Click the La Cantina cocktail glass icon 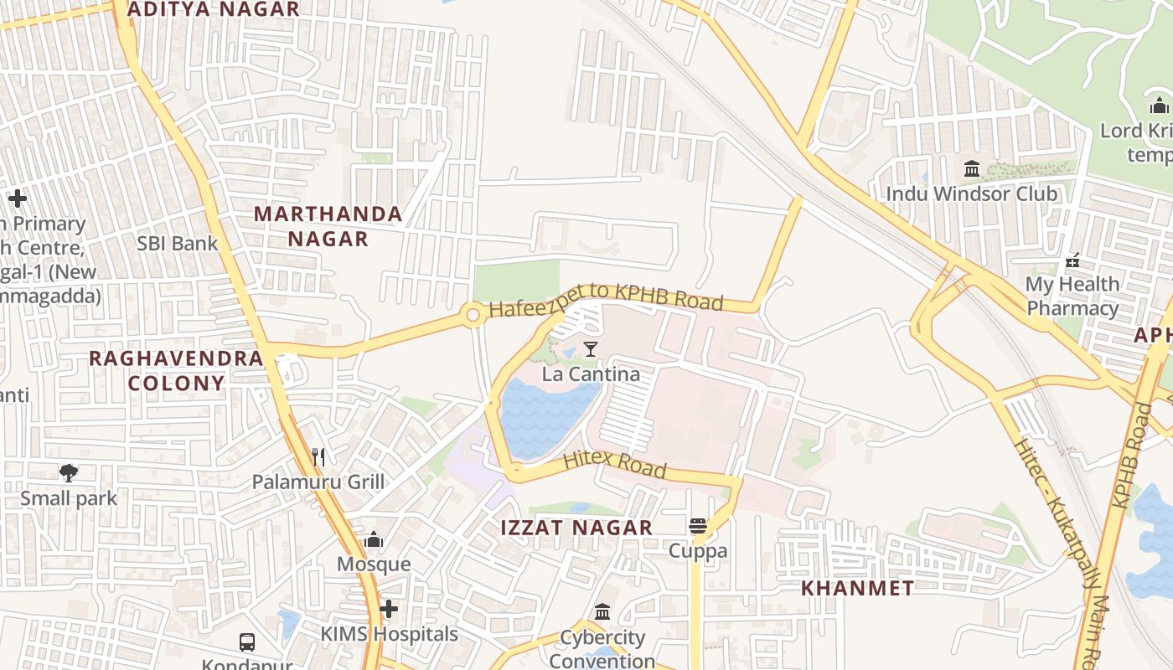tap(591, 348)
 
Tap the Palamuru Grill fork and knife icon tap(318, 456)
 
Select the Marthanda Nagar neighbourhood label tap(328, 226)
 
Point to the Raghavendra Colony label tap(176, 370)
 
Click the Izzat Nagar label tap(576, 528)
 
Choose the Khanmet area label tap(857, 588)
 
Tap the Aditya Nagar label tap(213, 10)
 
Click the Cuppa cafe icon tap(697, 526)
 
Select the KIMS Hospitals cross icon tap(389, 609)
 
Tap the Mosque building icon tap(374, 539)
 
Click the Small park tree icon tap(69, 473)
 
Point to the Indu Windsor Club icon tap(972, 169)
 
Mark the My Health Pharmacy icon tap(1072, 260)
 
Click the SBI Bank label tap(178, 244)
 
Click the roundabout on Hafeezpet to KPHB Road tap(473, 315)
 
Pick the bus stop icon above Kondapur tap(247, 642)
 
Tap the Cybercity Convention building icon tap(602, 612)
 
